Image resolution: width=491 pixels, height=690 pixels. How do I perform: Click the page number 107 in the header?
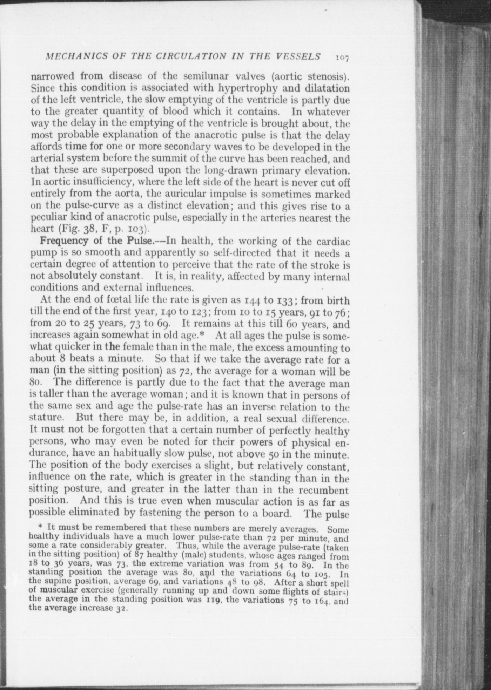342,57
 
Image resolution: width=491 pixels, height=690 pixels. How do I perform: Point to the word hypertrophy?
235,87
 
